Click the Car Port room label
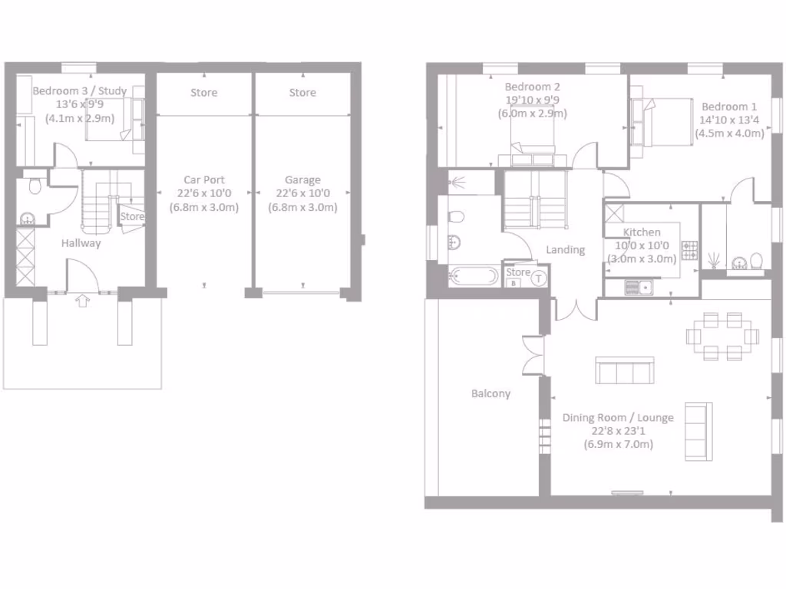[203, 180]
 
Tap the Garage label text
[302, 180]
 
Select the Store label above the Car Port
[203, 93]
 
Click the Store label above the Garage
[302, 93]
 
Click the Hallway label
[81, 243]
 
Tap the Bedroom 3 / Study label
[80, 91]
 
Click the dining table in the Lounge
[722, 336]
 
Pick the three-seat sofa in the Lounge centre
[625, 370]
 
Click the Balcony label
[490, 393]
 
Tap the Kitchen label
[642, 232]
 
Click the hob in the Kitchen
[689, 250]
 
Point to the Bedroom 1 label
[729, 107]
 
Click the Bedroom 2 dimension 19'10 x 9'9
[532, 100]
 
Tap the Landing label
[565, 250]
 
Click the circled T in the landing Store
[540, 278]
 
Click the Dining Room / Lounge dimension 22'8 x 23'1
[618, 431]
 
